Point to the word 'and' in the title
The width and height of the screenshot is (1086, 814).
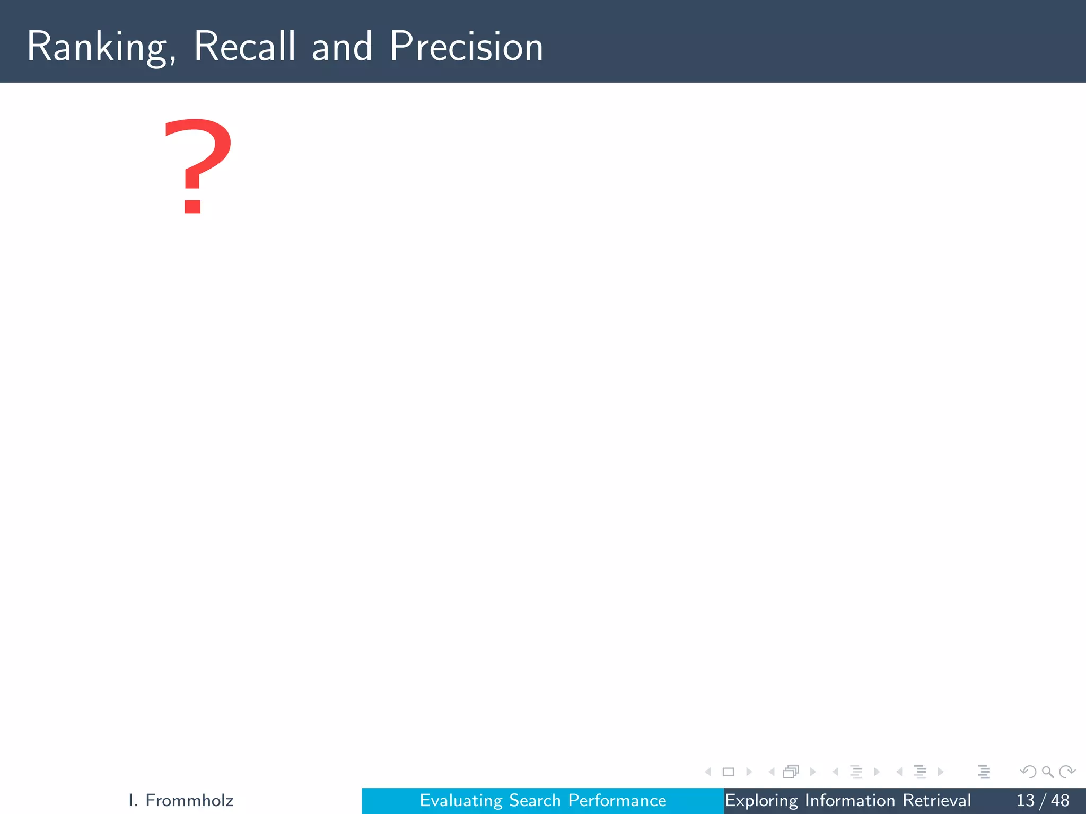pyautogui.click(x=342, y=47)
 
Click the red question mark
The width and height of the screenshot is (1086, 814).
pyautogui.click(x=197, y=165)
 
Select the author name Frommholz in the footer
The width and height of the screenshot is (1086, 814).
pyautogui.click(x=189, y=800)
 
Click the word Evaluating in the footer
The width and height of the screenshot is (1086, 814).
pyautogui.click(x=460, y=800)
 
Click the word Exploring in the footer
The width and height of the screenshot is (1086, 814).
pyautogui.click(x=761, y=800)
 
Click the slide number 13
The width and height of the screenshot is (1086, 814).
pyautogui.click(x=1025, y=800)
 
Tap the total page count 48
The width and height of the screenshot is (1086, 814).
pyautogui.click(x=1060, y=800)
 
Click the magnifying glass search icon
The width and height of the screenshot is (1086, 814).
pyautogui.click(x=1047, y=772)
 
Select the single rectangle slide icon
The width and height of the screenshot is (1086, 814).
pyautogui.click(x=728, y=772)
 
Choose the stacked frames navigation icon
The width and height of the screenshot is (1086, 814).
pyautogui.click(x=791, y=772)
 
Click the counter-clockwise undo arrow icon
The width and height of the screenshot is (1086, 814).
pyautogui.click(x=1028, y=772)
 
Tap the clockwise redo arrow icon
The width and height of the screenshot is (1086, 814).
pyautogui.click(x=1067, y=772)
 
